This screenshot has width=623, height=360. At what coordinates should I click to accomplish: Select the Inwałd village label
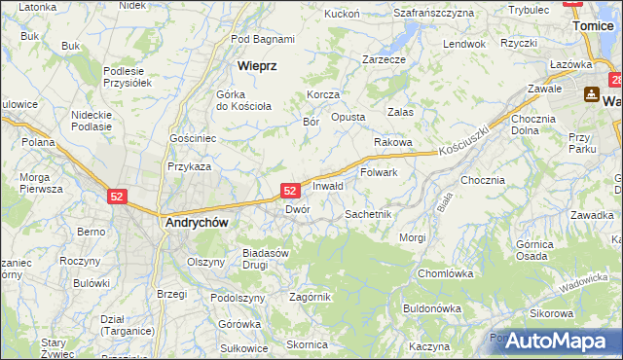(328, 186)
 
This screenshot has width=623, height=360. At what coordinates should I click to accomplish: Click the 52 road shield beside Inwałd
(290, 191)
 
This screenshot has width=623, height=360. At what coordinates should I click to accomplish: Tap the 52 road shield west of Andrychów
(117, 196)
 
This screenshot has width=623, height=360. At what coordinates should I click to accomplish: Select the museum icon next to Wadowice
(591, 95)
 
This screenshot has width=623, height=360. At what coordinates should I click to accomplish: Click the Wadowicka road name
(583, 283)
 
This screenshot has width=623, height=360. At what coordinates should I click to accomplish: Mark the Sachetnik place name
(368, 213)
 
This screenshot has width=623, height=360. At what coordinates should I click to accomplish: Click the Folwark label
(379, 172)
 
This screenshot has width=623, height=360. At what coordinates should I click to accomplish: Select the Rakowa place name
(392, 142)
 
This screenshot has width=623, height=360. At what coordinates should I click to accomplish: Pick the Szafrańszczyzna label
(433, 13)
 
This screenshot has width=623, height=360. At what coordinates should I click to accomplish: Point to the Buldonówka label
(431, 308)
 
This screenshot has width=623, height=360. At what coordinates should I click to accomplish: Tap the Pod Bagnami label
(263, 39)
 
